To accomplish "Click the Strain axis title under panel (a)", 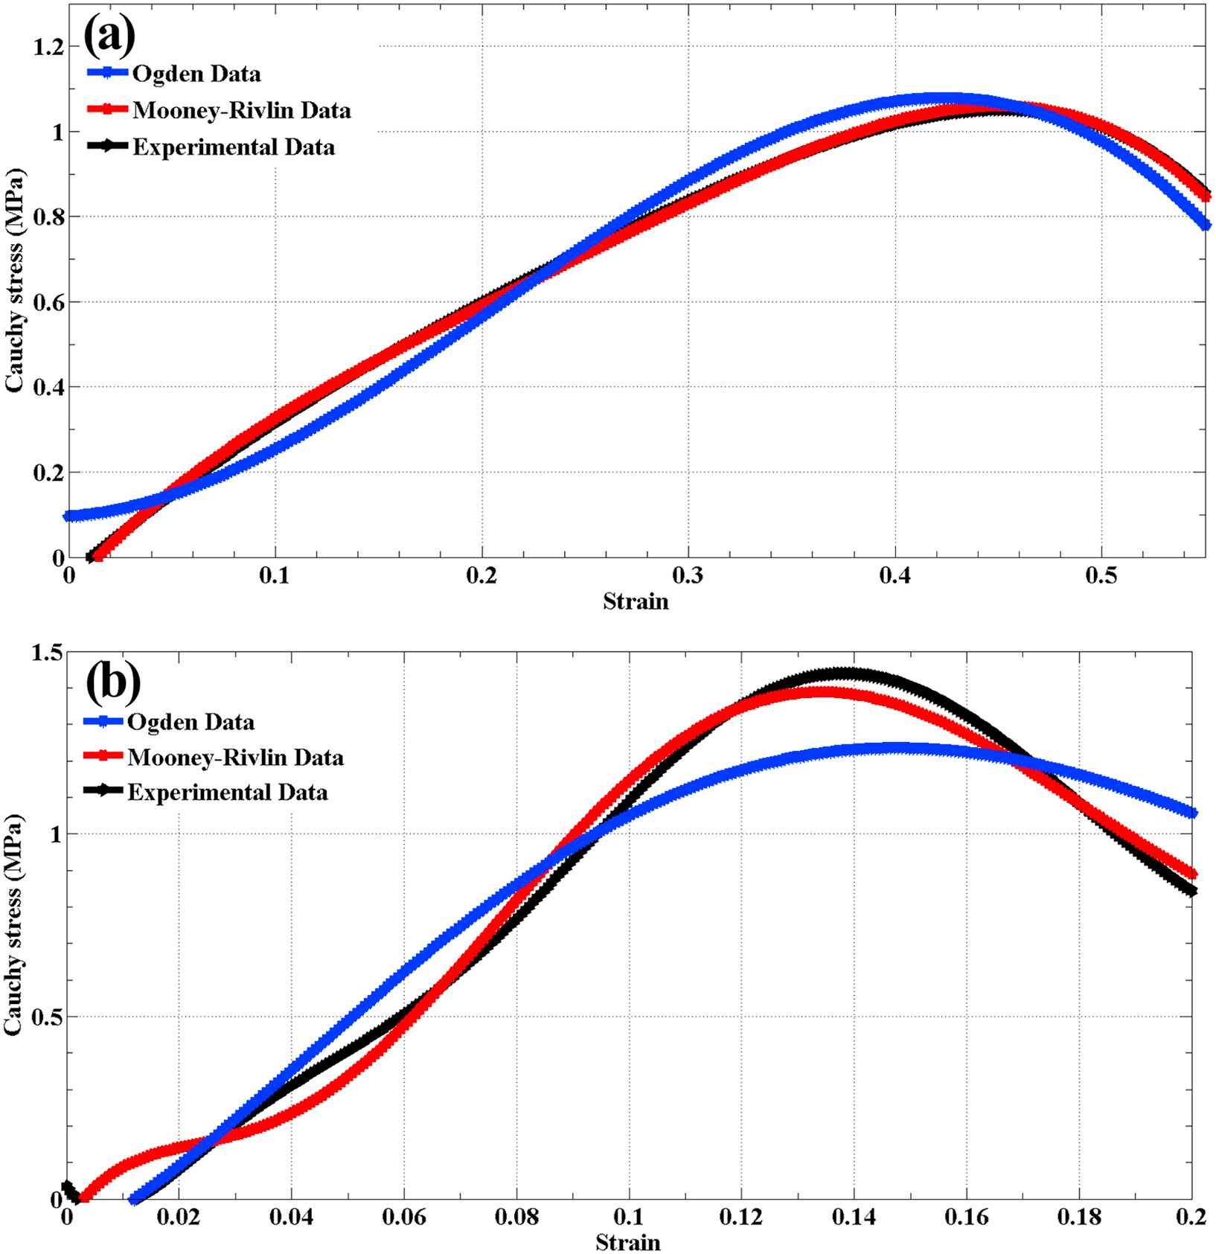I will (636, 601).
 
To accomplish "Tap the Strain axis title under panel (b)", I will (627, 1242).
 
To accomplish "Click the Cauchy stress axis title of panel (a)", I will (13, 281).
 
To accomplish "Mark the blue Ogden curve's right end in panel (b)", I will (1192, 813).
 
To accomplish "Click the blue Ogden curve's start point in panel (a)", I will (68, 516).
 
